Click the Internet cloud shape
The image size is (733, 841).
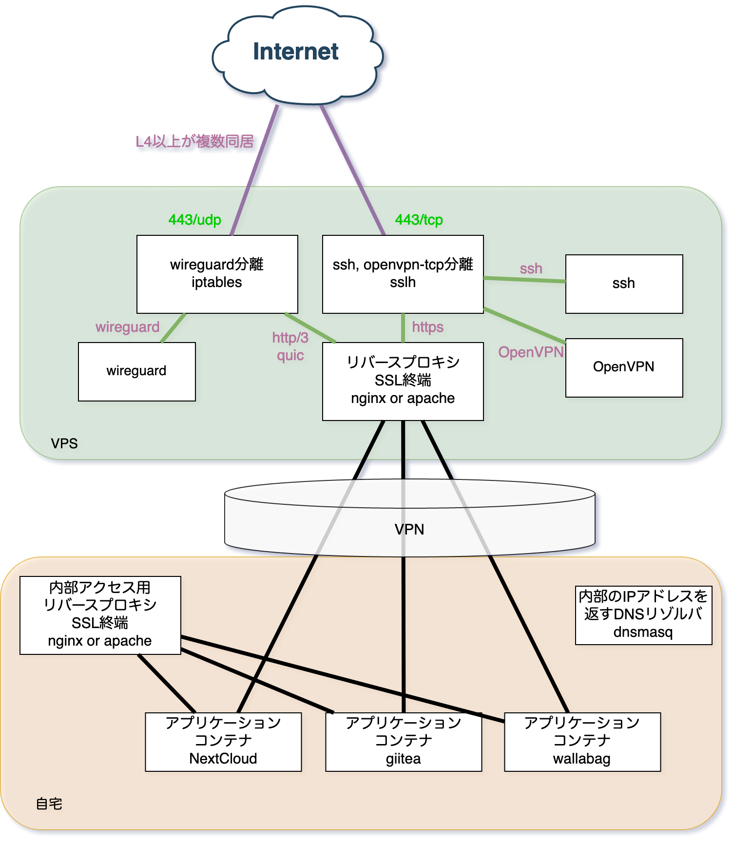click(296, 54)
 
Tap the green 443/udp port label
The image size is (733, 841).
click(194, 220)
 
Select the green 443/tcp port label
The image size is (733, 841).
click(419, 220)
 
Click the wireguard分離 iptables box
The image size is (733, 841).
click(217, 274)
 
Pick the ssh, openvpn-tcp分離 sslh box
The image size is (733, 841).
click(403, 274)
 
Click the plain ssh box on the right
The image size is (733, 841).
click(624, 284)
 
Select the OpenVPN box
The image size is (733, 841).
click(624, 367)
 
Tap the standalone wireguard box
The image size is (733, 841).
click(136, 371)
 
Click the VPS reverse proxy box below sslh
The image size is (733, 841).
click(403, 381)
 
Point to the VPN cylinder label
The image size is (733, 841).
click(409, 529)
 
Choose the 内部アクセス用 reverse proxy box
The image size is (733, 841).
click(100, 615)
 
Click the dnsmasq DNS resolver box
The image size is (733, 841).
click(643, 615)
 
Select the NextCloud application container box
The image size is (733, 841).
click(223, 742)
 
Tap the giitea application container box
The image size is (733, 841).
click(403, 742)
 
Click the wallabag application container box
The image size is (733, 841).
click(582, 742)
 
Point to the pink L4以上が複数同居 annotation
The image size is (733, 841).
click(194, 142)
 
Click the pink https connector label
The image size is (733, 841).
click(427, 327)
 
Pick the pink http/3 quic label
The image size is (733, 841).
click(290, 346)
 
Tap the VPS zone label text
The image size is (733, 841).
click(64, 443)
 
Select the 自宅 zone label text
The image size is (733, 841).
click(49, 803)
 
